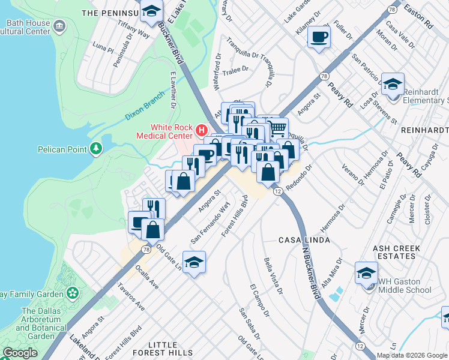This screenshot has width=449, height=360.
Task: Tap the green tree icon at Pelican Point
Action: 96,148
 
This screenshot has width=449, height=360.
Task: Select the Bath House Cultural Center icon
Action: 59,26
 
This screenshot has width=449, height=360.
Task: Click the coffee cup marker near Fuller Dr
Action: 319,37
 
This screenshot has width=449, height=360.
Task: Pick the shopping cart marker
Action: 277,128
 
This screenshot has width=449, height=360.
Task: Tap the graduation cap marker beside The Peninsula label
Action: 152,11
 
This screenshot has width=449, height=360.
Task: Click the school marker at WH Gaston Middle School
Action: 366,274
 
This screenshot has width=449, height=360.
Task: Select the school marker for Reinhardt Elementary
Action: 393,84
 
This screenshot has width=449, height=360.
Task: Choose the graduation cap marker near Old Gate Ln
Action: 194,263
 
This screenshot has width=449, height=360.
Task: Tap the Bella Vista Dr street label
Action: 273,277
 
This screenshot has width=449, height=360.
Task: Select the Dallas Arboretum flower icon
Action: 73,293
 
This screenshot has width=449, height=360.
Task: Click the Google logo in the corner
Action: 20,352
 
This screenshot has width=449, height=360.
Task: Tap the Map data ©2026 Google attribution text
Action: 412,355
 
